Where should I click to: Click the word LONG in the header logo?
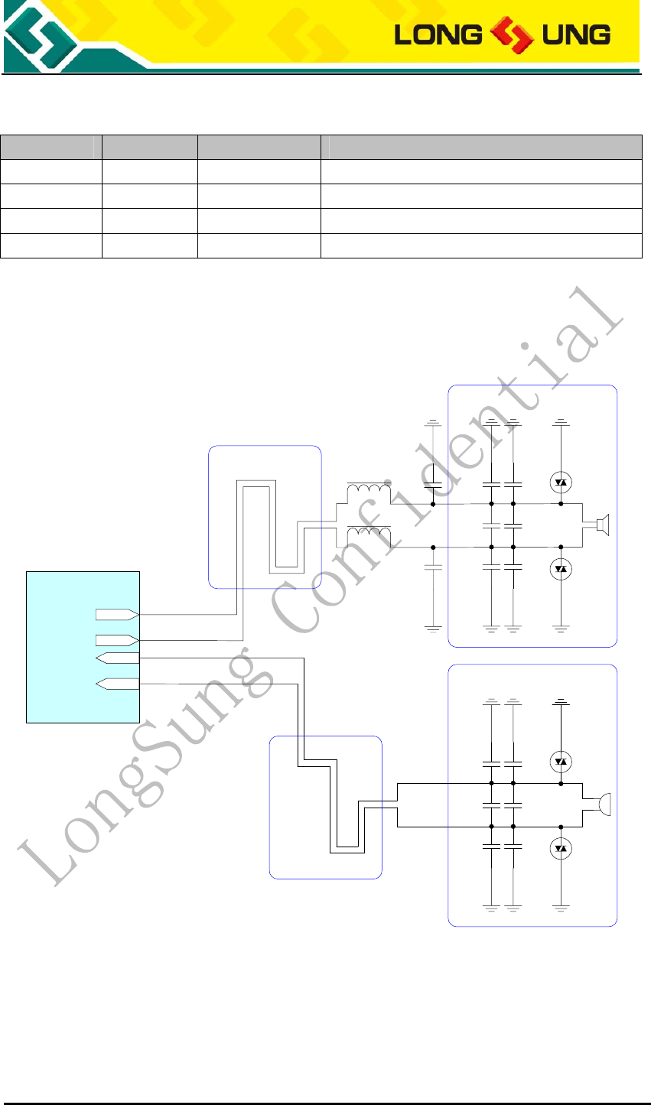[428, 34]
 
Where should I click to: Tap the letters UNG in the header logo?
[573, 34]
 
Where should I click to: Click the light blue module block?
[83, 646]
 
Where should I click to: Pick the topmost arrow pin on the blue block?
[117, 614]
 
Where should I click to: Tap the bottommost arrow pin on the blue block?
[117, 684]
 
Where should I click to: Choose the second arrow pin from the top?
[117, 639]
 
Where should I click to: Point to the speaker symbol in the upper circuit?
[601, 525]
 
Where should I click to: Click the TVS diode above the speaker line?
[561, 482]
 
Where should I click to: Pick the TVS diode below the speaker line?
[561, 569]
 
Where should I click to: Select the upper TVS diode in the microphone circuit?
[561, 761]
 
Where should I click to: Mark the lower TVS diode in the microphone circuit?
[561, 848]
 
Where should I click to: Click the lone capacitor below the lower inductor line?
[433, 569]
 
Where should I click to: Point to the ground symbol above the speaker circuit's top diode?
[561, 421]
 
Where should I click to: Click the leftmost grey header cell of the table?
[51, 147]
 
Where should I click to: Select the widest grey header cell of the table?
[481, 147]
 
